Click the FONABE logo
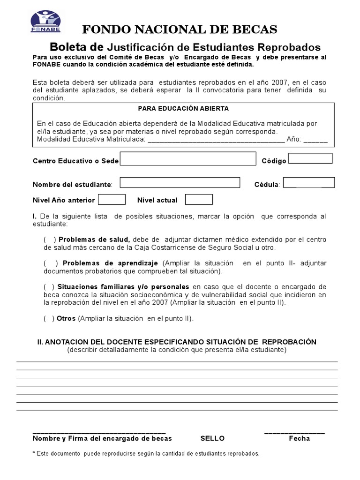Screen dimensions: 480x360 click(45, 22)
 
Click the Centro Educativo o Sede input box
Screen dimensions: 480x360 click(188, 159)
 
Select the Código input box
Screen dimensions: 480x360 click(310, 158)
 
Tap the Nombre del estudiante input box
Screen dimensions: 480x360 click(180, 183)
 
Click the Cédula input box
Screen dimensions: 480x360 click(309, 182)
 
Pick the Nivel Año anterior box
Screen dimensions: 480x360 click(112, 200)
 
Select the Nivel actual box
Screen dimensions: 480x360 click(199, 200)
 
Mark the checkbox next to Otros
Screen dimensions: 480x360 click(49, 319)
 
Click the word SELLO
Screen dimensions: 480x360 click(212, 439)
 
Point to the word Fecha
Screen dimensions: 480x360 click(299, 439)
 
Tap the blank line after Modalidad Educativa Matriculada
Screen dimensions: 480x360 click(216, 140)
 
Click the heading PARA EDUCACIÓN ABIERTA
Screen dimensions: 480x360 click(183, 108)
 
